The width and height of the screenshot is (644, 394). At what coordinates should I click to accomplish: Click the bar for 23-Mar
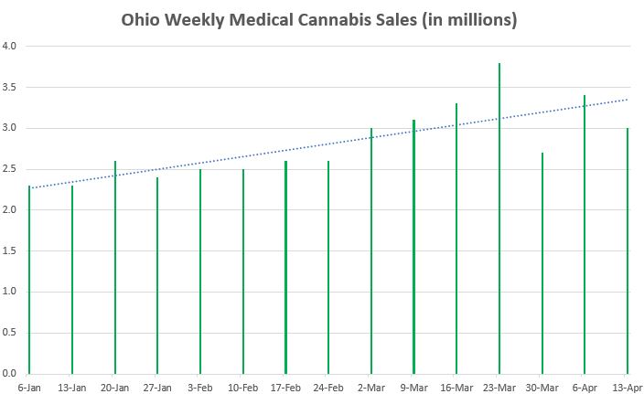499,219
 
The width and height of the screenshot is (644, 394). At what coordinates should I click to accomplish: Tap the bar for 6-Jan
29,280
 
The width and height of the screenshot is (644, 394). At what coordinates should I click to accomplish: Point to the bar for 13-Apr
627,251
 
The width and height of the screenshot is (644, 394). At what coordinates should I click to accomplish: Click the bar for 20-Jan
114,268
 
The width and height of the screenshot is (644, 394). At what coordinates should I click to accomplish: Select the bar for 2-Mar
370,251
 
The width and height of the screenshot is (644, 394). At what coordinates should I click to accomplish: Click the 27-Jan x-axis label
157,386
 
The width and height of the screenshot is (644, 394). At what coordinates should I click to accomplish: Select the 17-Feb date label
285,386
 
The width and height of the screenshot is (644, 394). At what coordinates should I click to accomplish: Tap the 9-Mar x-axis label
413,386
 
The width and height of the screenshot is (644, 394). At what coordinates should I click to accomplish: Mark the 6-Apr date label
585,386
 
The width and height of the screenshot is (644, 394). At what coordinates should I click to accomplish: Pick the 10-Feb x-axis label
242,386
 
